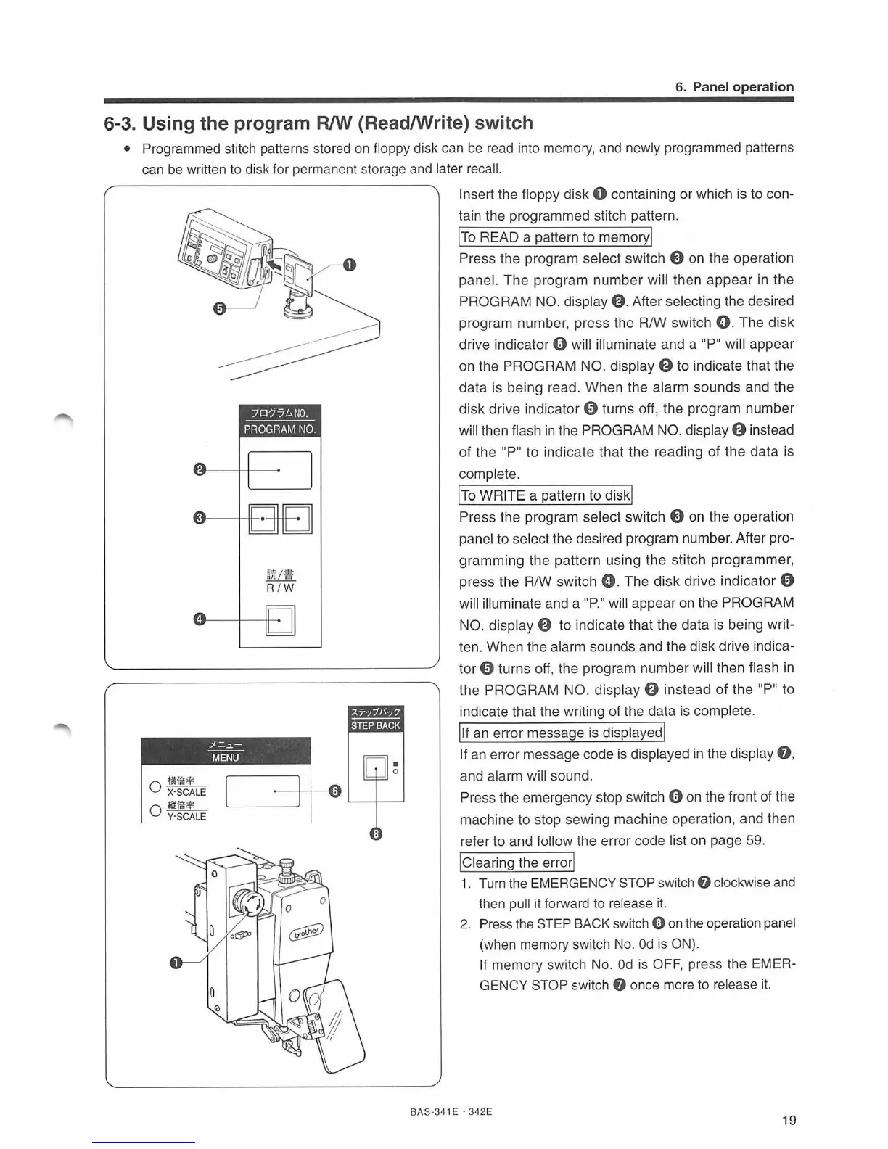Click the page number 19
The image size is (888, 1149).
point(789,1120)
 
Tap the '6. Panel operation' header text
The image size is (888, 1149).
point(734,87)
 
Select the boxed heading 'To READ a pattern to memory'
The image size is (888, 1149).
point(556,237)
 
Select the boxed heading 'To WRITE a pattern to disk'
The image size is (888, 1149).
point(546,495)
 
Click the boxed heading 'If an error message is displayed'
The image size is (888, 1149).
point(562,733)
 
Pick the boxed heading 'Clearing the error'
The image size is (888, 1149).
point(517,862)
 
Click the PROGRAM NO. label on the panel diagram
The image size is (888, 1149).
point(280,429)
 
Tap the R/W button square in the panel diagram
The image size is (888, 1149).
point(281,620)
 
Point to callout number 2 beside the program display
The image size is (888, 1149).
point(198,469)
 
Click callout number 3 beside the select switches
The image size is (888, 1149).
point(198,518)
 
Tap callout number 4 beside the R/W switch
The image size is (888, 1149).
point(198,619)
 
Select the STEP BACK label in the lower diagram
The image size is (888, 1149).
point(376,725)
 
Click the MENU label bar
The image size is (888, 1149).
point(226,757)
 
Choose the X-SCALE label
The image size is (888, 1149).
point(186,792)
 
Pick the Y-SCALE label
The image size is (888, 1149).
point(186,816)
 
